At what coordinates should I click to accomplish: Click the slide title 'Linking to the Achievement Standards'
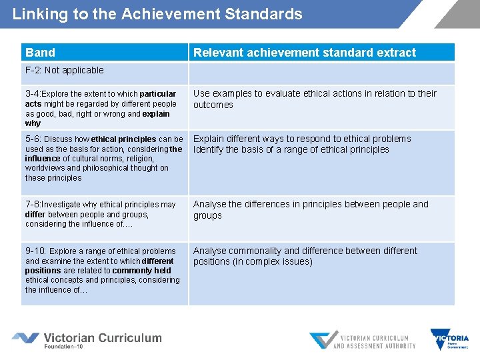pyautogui.click(x=157, y=14)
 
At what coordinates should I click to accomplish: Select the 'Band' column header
pyautogui.click(x=40, y=53)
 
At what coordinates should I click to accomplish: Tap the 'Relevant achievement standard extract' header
pyautogui.click(x=304, y=53)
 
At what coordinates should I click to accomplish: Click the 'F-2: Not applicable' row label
pyautogui.click(x=64, y=71)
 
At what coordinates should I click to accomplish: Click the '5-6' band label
pyautogui.click(x=33, y=139)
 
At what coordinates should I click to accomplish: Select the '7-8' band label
pyautogui.click(x=33, y=205)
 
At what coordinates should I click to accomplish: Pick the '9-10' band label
pyautogui.click(x=35, y=251)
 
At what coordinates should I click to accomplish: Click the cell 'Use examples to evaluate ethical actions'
pyautogui.click(x=315, y=99)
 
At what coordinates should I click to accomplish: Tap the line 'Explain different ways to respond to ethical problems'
pyautogui.click(x=302, y=139)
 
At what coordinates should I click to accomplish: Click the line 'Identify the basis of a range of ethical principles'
pyautogui.click(x=291, y=149)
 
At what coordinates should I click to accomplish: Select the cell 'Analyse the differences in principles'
pyautogui.click(x=311, y=210)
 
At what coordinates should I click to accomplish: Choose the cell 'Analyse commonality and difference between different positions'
pyautogui.click(x=305, y=256)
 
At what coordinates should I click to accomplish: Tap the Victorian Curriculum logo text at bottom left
pyautogui.click(x=103, y=339)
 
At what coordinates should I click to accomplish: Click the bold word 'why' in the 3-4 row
pyautogui.click(x=33, y=123)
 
